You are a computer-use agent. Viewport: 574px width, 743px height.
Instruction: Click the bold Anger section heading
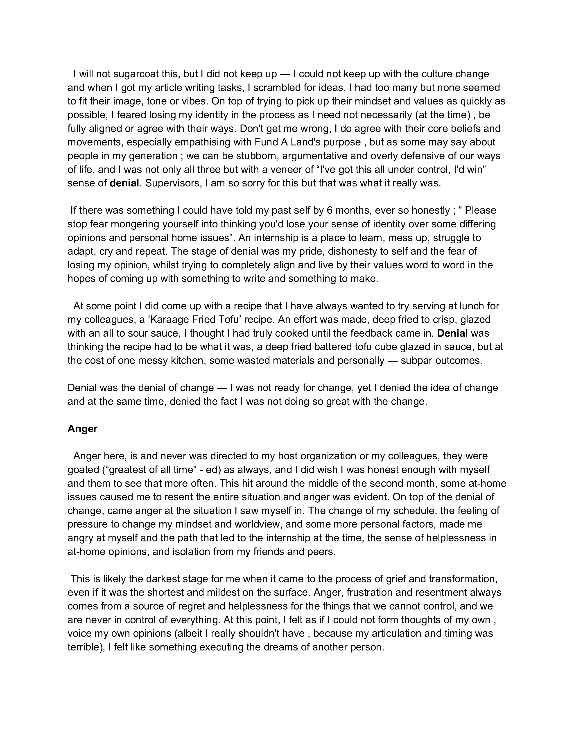pos(82,429)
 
